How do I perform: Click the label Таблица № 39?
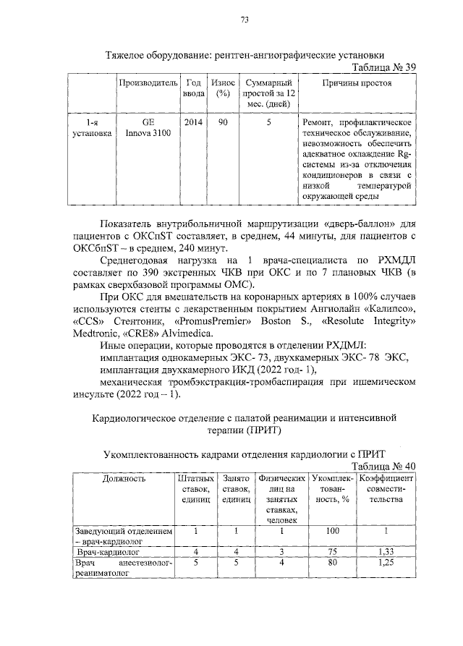click(383, 67)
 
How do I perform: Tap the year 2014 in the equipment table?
click(193, 122)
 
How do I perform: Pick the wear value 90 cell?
click(223, 122)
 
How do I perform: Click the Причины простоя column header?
click(356, 84)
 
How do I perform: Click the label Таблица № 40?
click(383, 467)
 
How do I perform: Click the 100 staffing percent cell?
click(332, 531)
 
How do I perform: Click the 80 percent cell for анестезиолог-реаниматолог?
click(332, 563)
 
